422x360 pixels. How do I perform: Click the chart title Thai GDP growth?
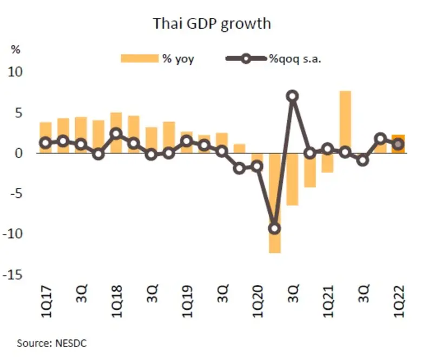212,24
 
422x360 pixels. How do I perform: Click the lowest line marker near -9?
275,228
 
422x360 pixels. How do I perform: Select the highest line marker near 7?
293,96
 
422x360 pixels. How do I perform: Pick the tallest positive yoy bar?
346,122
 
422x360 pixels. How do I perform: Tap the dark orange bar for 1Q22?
399,144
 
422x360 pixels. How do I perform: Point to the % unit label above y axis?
16,50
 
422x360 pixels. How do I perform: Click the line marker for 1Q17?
45,143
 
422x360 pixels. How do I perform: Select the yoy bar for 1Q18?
116,133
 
